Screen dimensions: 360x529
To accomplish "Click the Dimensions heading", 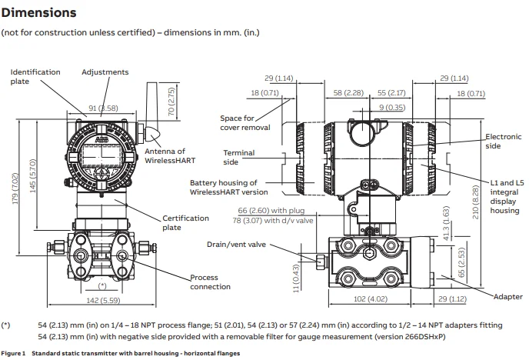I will click(x=38, y=13).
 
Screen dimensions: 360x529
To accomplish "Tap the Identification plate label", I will click(x=35, y=76).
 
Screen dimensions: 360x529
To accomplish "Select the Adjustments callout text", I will click(x=105, y=72).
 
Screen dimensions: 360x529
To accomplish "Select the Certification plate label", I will click(x=185, y=223).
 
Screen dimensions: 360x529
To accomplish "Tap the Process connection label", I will click(x=210, y=282).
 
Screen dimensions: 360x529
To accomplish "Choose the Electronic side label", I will click(x=503, y=141).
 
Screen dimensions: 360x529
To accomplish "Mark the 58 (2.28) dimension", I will click(x=354, y=92).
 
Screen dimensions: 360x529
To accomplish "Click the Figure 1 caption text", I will click(x=121, y=353).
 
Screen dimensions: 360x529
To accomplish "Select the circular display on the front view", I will click(x=102, y=151).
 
